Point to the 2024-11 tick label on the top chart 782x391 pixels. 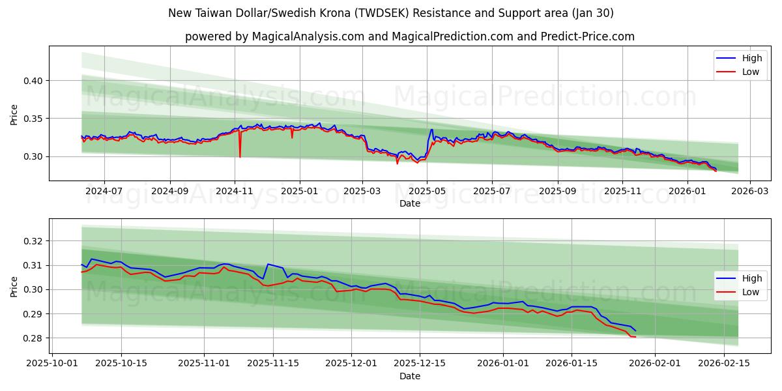(x=235, y=192)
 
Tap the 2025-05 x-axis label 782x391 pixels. (x=427, y=192)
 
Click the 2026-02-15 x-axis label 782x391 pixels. (x=725, y=364)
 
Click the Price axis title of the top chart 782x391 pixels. (x=14, y=115)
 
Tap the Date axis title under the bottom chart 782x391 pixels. (x=410, y=376)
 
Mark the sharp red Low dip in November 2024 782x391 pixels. (x=240, y=157)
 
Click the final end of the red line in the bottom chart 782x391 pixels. (x=635, y=337)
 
